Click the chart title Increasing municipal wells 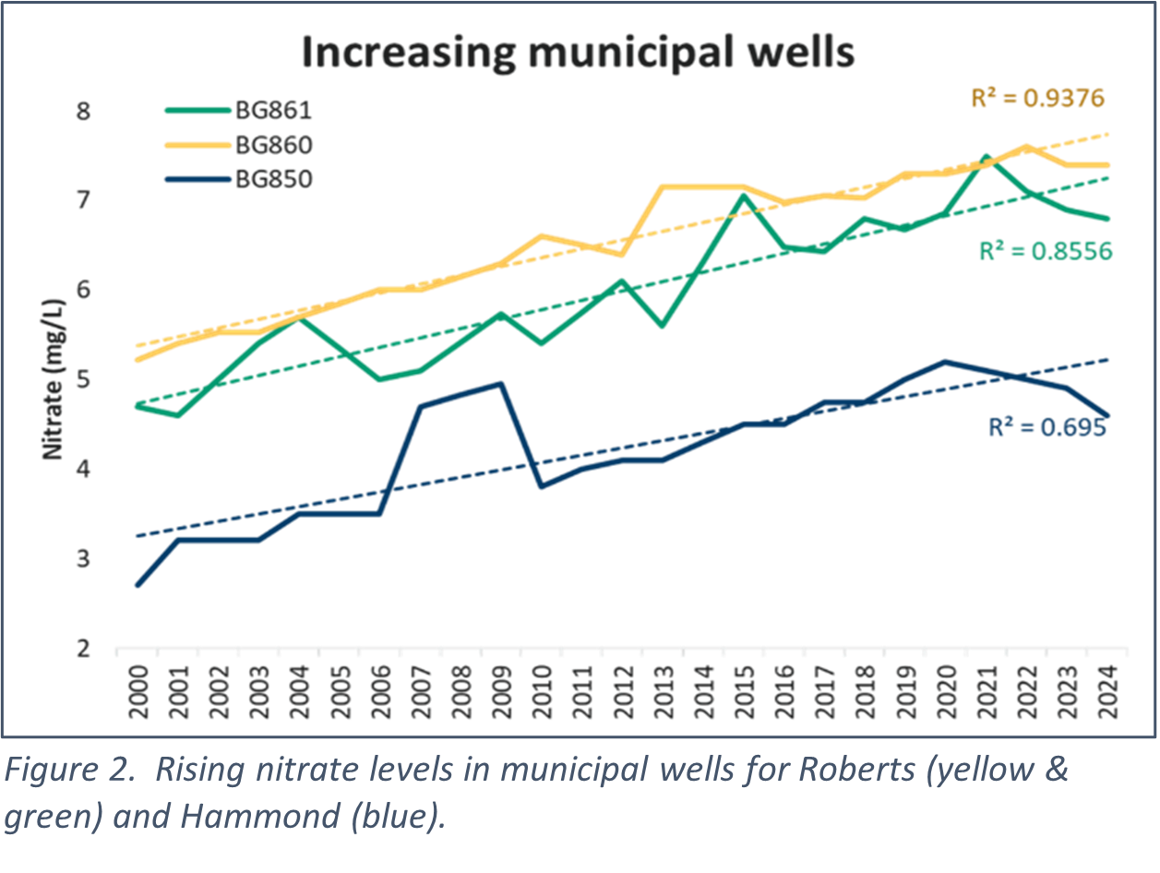click(578, 53)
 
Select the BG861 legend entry click(273, 111)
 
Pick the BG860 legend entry click(273, 145)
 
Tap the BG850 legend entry click(273, 179)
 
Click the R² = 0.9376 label click(1036, 98)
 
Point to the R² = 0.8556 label click(1045, 250)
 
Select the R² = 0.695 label click(1046, 427)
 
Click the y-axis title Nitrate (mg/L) click(55, 378)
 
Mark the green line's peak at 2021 click(986, 157)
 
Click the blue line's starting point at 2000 click(138, 585)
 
